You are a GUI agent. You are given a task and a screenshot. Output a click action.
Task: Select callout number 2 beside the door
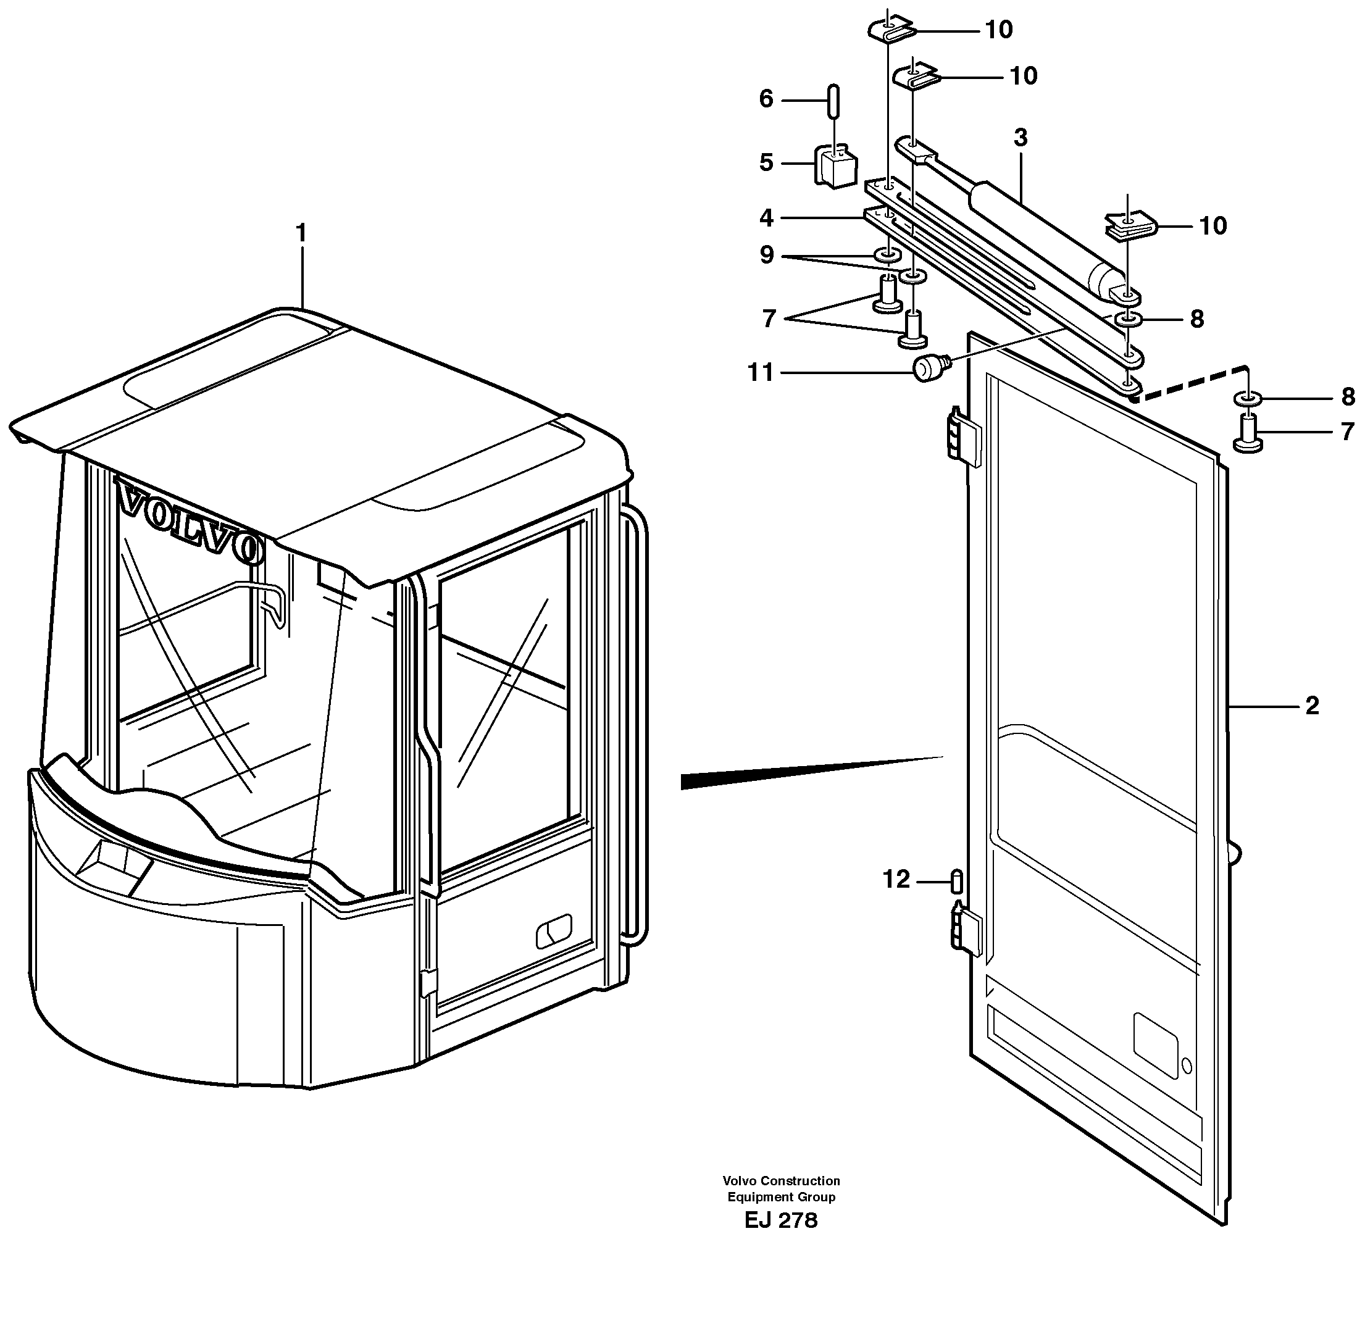(x=1312, y=706)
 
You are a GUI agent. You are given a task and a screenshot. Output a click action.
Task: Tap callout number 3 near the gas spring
(x=1021, y=138)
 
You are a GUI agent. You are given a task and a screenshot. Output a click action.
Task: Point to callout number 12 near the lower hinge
(x=896, y=880)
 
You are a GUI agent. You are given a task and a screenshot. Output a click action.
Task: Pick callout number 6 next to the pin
(x=766, y=99)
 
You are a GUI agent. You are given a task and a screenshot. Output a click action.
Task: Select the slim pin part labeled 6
(x=833, y=102)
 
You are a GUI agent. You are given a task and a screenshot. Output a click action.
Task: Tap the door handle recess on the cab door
(x=554, y=931)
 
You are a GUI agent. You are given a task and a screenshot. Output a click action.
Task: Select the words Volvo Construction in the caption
(x=781, y=1180)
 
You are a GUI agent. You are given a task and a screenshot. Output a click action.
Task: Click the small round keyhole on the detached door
(x=1187, y=1066)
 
